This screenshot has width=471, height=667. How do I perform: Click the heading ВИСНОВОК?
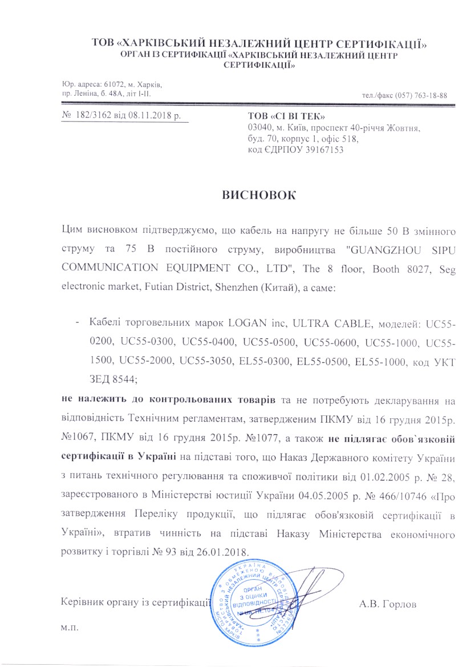(259, 194)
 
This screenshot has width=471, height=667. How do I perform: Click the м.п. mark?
(69, 628)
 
